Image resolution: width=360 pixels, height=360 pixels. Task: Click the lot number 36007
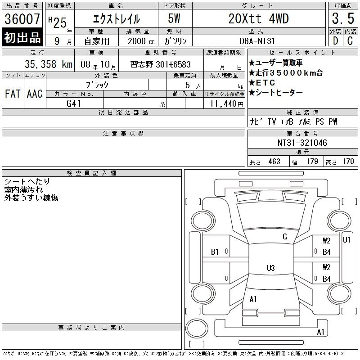click(x=22, y=19)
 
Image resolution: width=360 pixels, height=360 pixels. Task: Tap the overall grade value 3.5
click(x=343, y=18)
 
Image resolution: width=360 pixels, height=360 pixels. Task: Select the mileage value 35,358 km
click(x=49, y=64)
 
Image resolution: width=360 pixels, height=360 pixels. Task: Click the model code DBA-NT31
click(x=257, y=41)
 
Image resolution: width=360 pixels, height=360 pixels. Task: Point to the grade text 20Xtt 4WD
click(x=258, y=19)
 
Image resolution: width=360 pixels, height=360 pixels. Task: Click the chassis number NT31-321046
click(x=302, y=143)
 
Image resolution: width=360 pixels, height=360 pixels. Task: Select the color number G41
click(x=74, y=103)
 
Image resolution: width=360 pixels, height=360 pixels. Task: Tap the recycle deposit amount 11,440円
click(x=227, y=104)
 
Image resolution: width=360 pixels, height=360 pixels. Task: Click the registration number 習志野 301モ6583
click(x=161, y=64)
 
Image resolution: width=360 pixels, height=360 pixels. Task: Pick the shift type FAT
click(x=13, y=94)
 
